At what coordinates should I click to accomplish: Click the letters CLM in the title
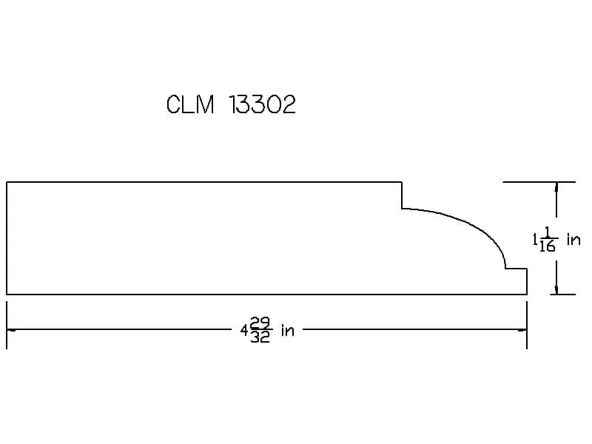click(190, 104)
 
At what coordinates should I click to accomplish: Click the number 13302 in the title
click(263, 104)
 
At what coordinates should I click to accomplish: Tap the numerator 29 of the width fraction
click(260, 323)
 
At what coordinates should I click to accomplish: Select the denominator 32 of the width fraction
click(260, 337)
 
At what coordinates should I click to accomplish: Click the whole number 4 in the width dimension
click(245, 331)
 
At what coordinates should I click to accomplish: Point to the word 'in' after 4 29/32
click(287, 330)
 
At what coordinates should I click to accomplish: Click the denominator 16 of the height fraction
click(547, 246)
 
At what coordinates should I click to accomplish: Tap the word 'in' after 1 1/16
click(573, 239)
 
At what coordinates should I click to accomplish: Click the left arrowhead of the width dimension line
click(10, 329)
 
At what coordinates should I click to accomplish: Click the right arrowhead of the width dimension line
click(522, 329)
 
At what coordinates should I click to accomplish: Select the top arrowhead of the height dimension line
click(556, 187)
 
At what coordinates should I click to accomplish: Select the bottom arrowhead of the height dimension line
click(556, 289)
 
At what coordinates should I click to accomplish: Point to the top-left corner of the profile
click(7, 182)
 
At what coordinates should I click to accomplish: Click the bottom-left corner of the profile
click(7, 294)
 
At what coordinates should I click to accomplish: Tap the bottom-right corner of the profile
click(527, 294)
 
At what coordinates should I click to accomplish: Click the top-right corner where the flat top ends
click(402, 182)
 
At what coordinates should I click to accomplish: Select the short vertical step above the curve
click(402, 195)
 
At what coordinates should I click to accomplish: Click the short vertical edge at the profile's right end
click(527, 281)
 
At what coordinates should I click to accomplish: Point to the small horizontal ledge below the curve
click(516, 269)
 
